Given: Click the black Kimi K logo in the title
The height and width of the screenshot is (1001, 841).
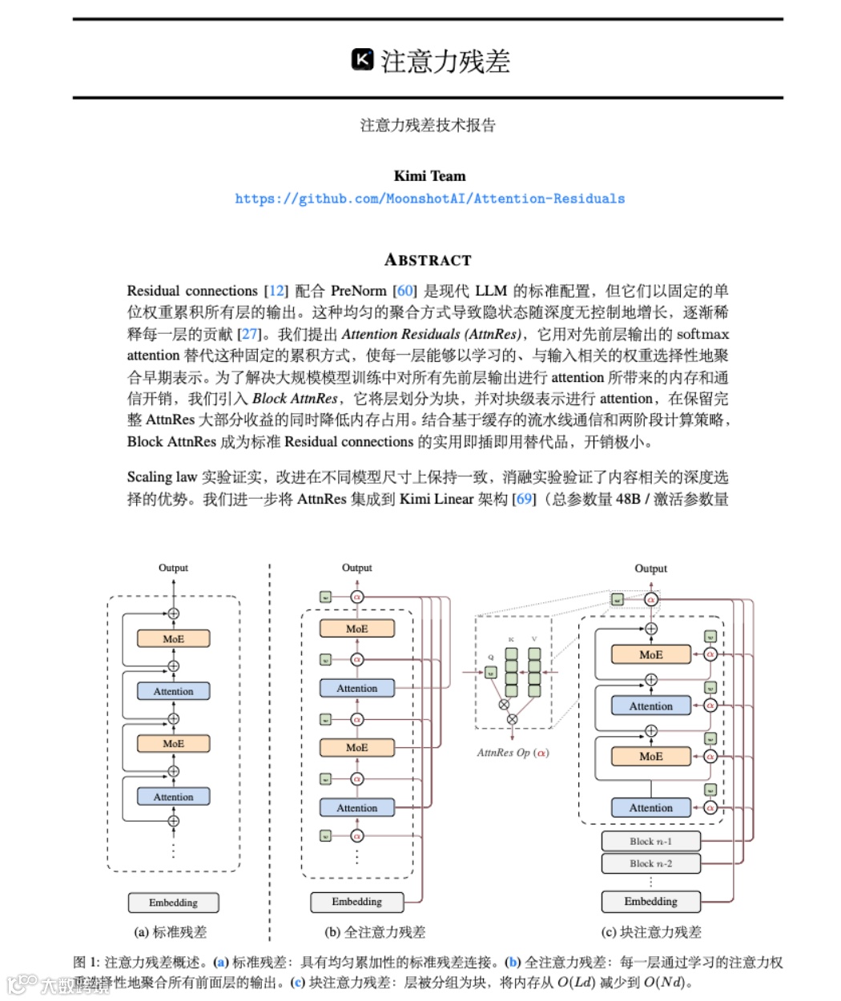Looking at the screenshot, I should click(363, 60).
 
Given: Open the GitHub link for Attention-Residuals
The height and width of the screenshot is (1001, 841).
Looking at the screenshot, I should click(429, 199).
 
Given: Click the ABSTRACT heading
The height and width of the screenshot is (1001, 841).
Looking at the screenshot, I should click(428, 259).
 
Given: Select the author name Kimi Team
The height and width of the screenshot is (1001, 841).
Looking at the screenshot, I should click(429, 176).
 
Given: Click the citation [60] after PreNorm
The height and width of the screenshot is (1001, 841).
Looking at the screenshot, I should click(405, 291).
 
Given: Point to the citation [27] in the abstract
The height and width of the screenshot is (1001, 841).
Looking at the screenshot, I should click(250, 334).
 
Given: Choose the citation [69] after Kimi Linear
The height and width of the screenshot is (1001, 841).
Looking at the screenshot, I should click(524, 499).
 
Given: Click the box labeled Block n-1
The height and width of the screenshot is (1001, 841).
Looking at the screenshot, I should click(650, 842).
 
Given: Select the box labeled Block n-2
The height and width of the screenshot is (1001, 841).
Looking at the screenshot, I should click(650, 863).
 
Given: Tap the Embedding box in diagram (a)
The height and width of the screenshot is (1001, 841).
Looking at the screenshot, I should click(173, 903).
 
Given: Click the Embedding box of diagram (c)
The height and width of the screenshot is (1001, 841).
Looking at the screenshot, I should click(650, 902).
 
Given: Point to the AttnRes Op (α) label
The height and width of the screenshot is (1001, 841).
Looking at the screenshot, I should click(513, 753).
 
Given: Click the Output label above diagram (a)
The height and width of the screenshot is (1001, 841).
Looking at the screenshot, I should click(173, 568).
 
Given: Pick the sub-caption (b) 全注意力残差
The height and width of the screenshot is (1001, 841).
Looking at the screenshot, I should click(375, 932).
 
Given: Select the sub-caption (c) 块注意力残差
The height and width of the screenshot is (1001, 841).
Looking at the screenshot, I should click(650, 932).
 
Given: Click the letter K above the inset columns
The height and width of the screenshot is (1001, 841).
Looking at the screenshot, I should click(510, 639).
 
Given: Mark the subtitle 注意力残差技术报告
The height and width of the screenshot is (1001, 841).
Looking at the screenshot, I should click(428, 125).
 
